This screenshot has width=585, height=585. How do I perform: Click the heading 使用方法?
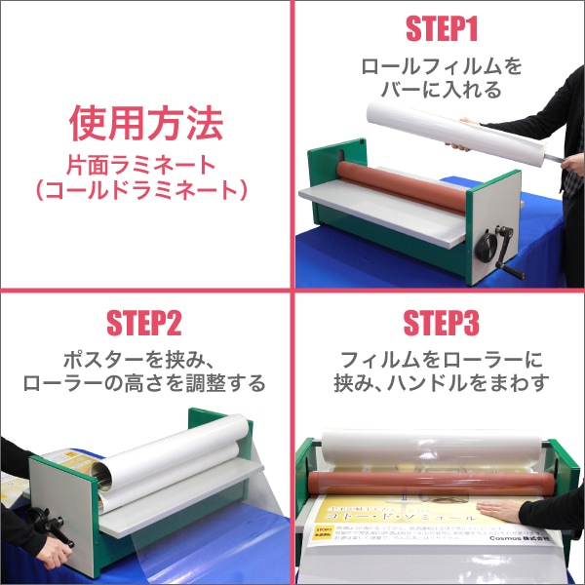pyautogui.click(x=146, y=124)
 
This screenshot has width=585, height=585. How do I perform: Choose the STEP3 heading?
pyautogui.click(x=441, y=324)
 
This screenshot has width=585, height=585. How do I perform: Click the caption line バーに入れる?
pyautogui.click(x=441, y=91)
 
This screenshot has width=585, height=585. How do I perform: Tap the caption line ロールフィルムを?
pyautogui.click(x=441, y=66)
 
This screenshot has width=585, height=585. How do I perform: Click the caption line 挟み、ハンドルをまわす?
pyautogui.click(x=441, y=383)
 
